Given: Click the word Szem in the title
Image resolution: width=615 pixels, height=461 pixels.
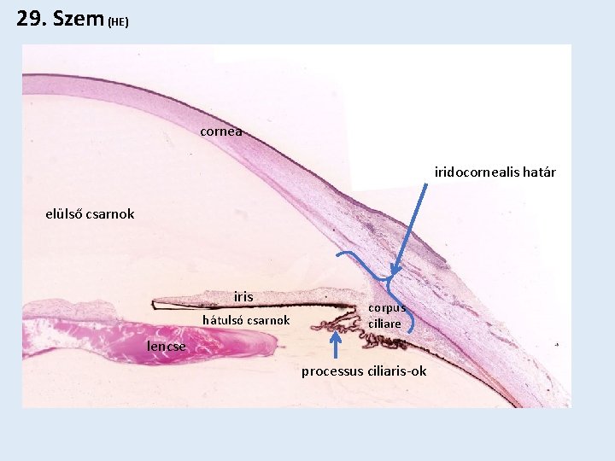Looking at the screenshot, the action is (x=78, y=18).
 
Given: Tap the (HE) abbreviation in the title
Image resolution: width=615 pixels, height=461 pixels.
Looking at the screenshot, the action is (x=119, y=21).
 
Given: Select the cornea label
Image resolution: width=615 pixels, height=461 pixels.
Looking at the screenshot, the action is (x=221, y=131).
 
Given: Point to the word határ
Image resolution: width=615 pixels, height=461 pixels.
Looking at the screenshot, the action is (x=536, y=172).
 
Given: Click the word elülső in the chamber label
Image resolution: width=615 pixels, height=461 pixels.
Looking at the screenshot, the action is (x=66, y=213).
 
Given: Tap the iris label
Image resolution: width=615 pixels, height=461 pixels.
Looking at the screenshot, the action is (x=243, y=297).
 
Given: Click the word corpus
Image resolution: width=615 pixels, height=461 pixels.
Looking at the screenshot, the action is (x=387, y=308).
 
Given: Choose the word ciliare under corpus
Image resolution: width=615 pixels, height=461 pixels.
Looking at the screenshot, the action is (x=384, y=324).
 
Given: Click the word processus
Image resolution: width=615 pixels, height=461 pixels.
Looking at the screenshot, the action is (x=332, y=371).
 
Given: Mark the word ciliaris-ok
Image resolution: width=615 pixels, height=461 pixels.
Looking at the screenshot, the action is (x=396, y=371).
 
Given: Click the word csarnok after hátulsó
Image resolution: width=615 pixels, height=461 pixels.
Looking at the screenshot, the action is (x=266, y=321).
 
